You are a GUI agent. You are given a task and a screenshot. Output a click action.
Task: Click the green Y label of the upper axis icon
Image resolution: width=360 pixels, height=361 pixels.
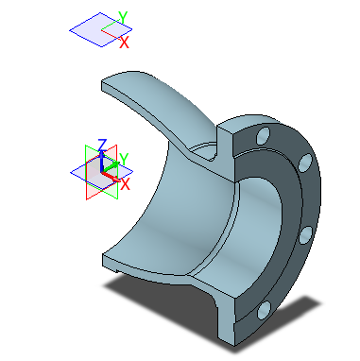click(x=122, y=18)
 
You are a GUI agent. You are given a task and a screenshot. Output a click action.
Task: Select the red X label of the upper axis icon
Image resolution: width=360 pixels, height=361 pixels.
click(x=126, y=42)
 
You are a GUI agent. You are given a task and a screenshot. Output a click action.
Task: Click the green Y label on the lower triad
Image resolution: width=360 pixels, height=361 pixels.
click(x=123, y=159)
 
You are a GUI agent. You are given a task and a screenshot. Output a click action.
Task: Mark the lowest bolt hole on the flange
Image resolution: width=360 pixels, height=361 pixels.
click(x=263, y=307)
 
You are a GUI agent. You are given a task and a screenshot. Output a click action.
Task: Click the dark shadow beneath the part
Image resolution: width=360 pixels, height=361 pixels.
click(x=151, y=289)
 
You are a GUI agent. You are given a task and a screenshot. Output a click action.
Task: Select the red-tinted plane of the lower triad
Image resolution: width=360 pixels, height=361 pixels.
click(x=95, y=180)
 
